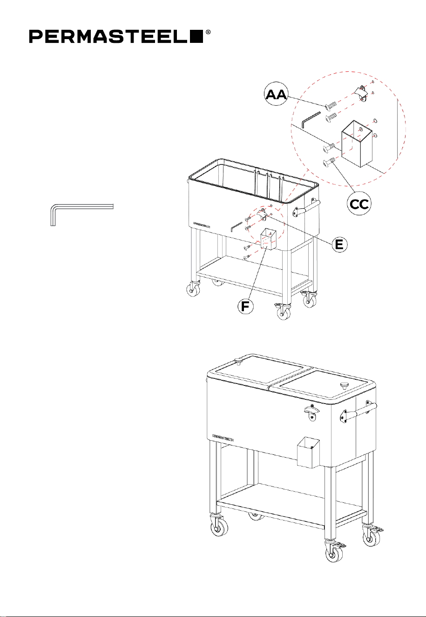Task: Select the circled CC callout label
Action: pyautogui.click(x=359, y=204)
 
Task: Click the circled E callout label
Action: pyautogui.click(x=339, y=244)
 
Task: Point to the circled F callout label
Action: pyautogui.click(x=245, y=306)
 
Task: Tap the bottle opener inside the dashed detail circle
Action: pyautogui.click(x=361, y=93)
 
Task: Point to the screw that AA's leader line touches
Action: pyautogui.click(x=330, y=105)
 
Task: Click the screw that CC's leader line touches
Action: pyautogui.click(x=329, y=162)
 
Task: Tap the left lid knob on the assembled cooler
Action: pyautogui.click(x=238, y=361)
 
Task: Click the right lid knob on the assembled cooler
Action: pyautogui.click(x=344, y=385)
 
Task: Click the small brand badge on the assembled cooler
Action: pyautogui.click(x=223, y=436)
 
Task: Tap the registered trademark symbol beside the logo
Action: pyautogui.click(x=208, y=33)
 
